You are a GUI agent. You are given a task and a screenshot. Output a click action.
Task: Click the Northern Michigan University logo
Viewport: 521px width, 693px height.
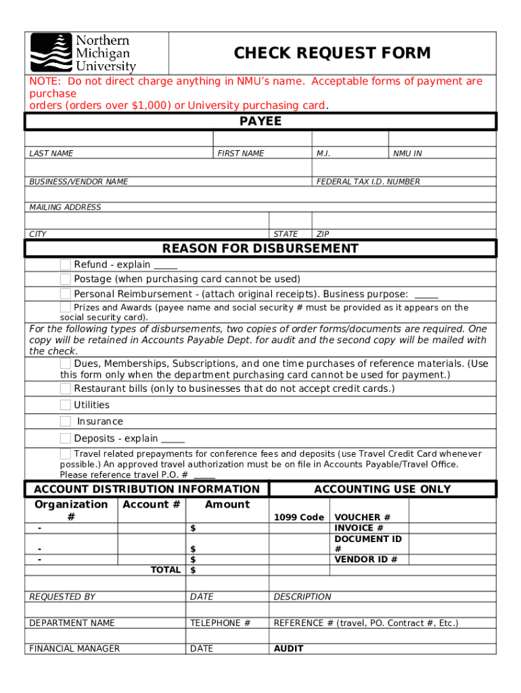tap(83, 53)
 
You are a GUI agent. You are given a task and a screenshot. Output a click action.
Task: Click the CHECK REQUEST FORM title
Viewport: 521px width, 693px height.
tap(332, 53)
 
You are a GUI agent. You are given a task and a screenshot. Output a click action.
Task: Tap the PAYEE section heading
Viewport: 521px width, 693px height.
tap(260, 122)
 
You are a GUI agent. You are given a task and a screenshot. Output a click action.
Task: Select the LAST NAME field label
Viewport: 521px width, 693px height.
tap(51, 154)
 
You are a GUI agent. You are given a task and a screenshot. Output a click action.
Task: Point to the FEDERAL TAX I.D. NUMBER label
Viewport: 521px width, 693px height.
tap(368, 181)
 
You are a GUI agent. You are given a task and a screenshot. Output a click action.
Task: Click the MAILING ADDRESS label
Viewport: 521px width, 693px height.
tap(65, 207)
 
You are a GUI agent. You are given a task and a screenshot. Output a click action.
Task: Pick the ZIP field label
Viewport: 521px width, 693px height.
tap(323, 234)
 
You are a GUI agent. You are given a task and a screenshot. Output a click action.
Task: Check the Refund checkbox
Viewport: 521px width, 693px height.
tap(65, 265)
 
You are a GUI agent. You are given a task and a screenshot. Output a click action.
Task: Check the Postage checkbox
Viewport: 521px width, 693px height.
tap(65, 279)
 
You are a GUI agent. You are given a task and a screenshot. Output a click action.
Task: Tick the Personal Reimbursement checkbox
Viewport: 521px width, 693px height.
tap(65, 294)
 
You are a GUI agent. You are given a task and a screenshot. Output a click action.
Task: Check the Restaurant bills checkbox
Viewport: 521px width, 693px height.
tap(65, 388)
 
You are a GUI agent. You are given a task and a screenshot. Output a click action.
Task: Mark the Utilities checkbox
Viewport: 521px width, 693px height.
tap(65, 405)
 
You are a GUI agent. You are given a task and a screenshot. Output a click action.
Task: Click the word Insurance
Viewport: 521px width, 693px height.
tap(100, 421)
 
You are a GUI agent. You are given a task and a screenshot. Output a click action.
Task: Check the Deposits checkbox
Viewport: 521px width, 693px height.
tap(65, 438)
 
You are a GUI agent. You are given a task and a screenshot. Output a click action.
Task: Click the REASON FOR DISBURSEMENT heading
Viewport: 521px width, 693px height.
tap(260, 248)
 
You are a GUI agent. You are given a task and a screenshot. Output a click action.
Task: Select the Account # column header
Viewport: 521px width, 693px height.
tap(152, 504)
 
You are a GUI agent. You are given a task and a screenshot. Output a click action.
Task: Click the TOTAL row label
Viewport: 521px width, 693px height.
tap(165, 570)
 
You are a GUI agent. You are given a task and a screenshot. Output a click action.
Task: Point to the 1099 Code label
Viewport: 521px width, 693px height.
tap(298, 517)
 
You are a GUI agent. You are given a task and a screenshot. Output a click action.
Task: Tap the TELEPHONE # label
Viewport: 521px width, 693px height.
tap(221, 623)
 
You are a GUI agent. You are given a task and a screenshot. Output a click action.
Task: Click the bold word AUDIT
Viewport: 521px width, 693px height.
tap(288, 648)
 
